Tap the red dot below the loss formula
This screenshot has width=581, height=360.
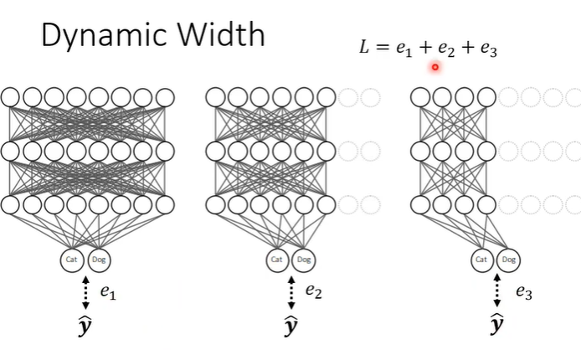click(x=435, y=67)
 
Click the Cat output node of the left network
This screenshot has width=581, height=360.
click(x=73, y=260)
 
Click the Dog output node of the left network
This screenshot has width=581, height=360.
click(x=98, y=260)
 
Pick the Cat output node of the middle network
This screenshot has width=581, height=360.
click(x=278, y=260)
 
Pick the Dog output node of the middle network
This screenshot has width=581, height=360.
click(x=303, y=260)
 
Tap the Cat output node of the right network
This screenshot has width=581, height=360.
click(x=481, y=260)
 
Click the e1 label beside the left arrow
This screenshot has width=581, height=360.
click(x=108, y=292)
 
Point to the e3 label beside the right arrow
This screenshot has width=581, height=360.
click(x=524, y=292)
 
